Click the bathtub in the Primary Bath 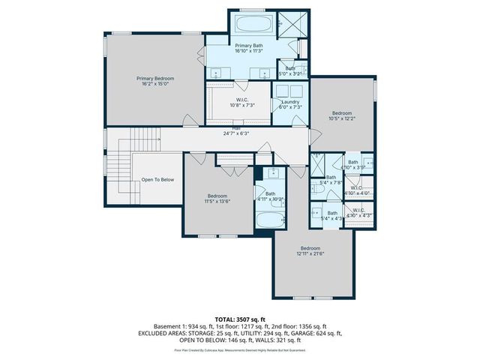coord(254,24)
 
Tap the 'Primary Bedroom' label coord(155,78)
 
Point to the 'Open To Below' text coord(157,179)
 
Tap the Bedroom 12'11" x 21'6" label coord(310,248)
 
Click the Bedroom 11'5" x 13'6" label coord(217,195)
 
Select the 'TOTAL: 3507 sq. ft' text coord(240,319)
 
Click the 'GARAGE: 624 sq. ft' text coord(322,333)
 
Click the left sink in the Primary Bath coord(218,73)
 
